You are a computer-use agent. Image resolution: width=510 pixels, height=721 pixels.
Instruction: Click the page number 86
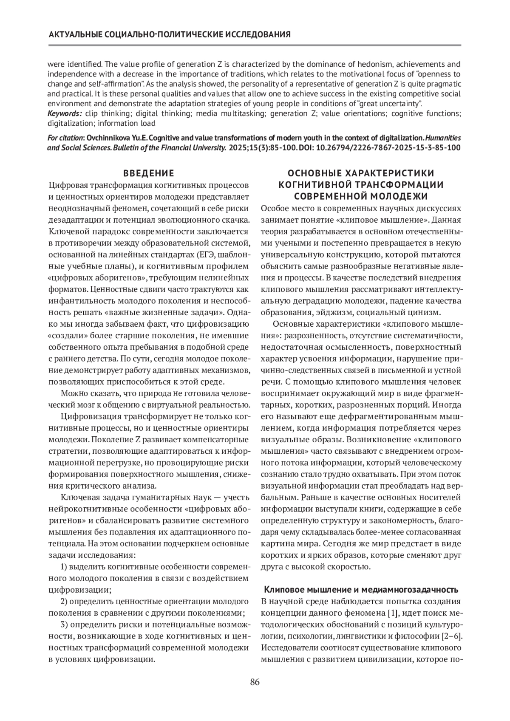coord(255,682)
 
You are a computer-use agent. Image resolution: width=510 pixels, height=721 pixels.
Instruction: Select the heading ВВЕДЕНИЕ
coord(148,173)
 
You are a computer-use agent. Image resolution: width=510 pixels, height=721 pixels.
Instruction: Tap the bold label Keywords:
coord(65,113)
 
